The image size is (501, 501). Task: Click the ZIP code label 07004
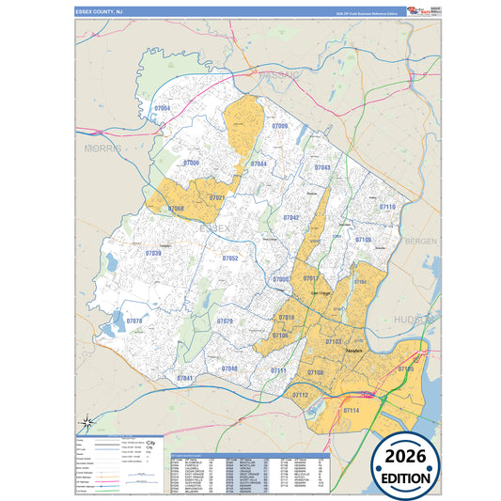[162, 109]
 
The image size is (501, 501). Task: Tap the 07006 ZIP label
[191, 164]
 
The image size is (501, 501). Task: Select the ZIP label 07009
[279, 126]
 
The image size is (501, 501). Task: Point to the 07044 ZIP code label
[258, 164]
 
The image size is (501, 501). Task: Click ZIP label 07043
[322, 167]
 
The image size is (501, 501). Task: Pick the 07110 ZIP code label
[386, 206]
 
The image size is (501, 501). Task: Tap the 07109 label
[364, 240]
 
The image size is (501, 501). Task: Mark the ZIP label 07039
[153, 253]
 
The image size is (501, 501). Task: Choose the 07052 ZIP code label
[229, 258]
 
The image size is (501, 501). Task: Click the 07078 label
[133, 321]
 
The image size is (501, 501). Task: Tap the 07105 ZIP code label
[405, 369]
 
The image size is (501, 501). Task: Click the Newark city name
[354, 351]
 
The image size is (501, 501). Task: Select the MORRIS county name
[103, 149]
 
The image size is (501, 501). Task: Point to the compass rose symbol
[86, 422]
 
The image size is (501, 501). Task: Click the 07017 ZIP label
[310, 279]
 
